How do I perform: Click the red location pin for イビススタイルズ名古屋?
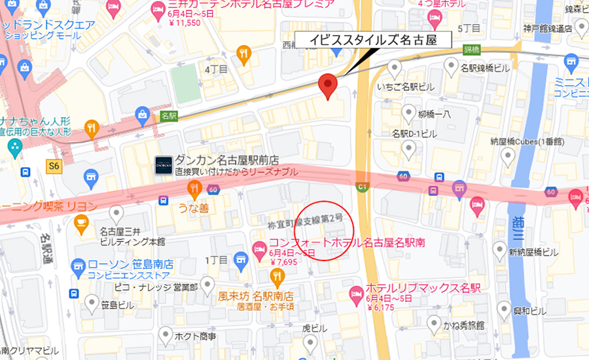[327, 86]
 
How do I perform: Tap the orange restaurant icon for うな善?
[194, 189]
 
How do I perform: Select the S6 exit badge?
[54, 166]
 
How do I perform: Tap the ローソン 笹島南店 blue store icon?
[78, 265]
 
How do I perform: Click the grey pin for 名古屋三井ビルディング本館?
[116, 211]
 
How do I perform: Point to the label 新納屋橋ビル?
[534, 252]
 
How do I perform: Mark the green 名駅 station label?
[169, 115]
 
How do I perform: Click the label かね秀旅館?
[462, 325]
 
